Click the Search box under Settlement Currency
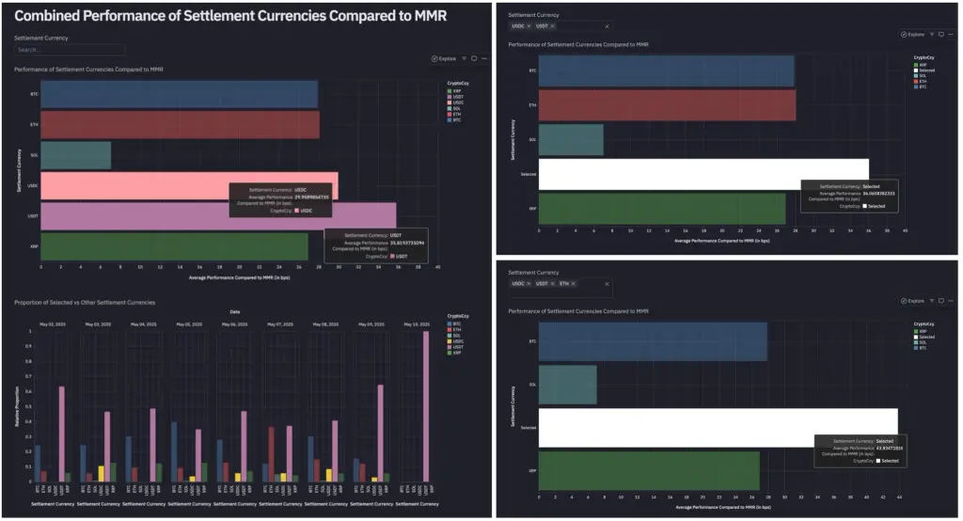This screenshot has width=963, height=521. coord(69,50)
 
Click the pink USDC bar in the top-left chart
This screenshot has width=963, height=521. coord(141,185)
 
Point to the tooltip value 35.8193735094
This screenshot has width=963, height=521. coord(399,243)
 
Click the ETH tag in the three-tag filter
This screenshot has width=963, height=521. coord(564,283)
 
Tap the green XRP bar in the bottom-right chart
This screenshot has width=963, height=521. coord(649,471)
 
